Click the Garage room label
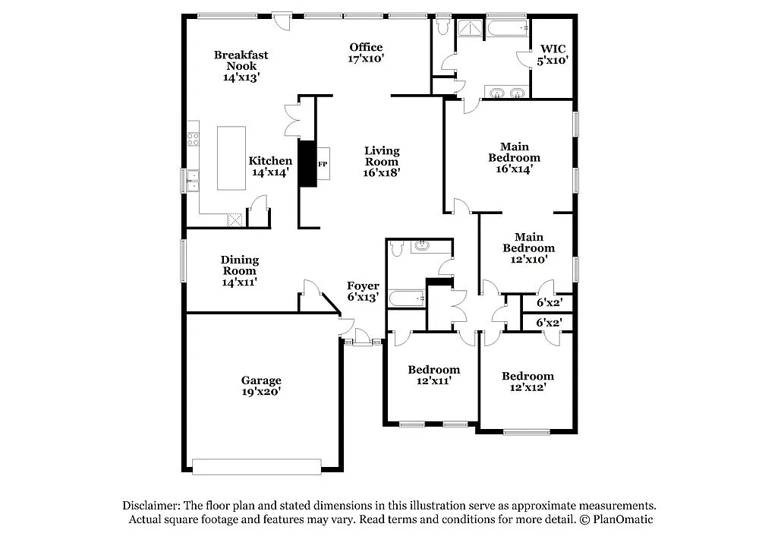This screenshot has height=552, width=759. click(x=261, y=386)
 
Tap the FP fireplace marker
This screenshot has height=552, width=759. click(x=322, y=164)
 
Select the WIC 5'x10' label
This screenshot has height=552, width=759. click(x=553, y=54)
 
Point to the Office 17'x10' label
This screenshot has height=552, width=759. click(x=366, y=52)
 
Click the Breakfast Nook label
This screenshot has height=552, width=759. click(x=241, y=65)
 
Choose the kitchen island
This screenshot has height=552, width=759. click(x=232, y=158)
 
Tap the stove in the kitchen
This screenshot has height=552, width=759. click(x=194, y=139)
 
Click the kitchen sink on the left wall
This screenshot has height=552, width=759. click(x=193, y=181)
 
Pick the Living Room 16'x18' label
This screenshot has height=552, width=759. click(x=381, y=161)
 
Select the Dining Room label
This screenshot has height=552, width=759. click(x=240, y=270)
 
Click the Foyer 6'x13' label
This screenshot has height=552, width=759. click(x=363, y=291)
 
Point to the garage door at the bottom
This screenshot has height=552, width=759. click(x=257, y=466)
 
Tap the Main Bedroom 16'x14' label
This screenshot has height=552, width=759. click(x=515, y=157)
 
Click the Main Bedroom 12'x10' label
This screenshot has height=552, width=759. click(x=529, y=248)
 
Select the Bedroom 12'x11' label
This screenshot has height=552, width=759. click(x=433, y=375)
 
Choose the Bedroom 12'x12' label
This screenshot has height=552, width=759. click(x=528, y=381)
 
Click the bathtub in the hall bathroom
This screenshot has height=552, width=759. click(x=407, y=298)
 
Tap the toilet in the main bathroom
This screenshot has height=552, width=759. click(x=444, y=28)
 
